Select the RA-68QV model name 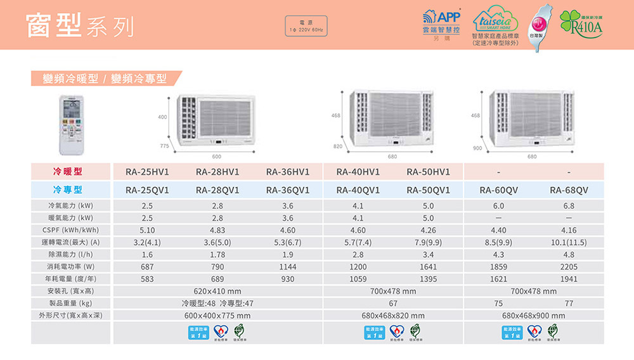pos(569,190)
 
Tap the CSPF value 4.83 pos(217,229)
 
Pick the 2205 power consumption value pos(569,267)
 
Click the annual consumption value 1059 pos(358,279)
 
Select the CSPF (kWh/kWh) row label pos(68,229)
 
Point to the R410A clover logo pos(581,24)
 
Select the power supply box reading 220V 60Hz pos(306,27)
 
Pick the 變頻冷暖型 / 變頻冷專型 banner pos(105,79)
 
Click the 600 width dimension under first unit pos(217,156)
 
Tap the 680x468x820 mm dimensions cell pos(393,316)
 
